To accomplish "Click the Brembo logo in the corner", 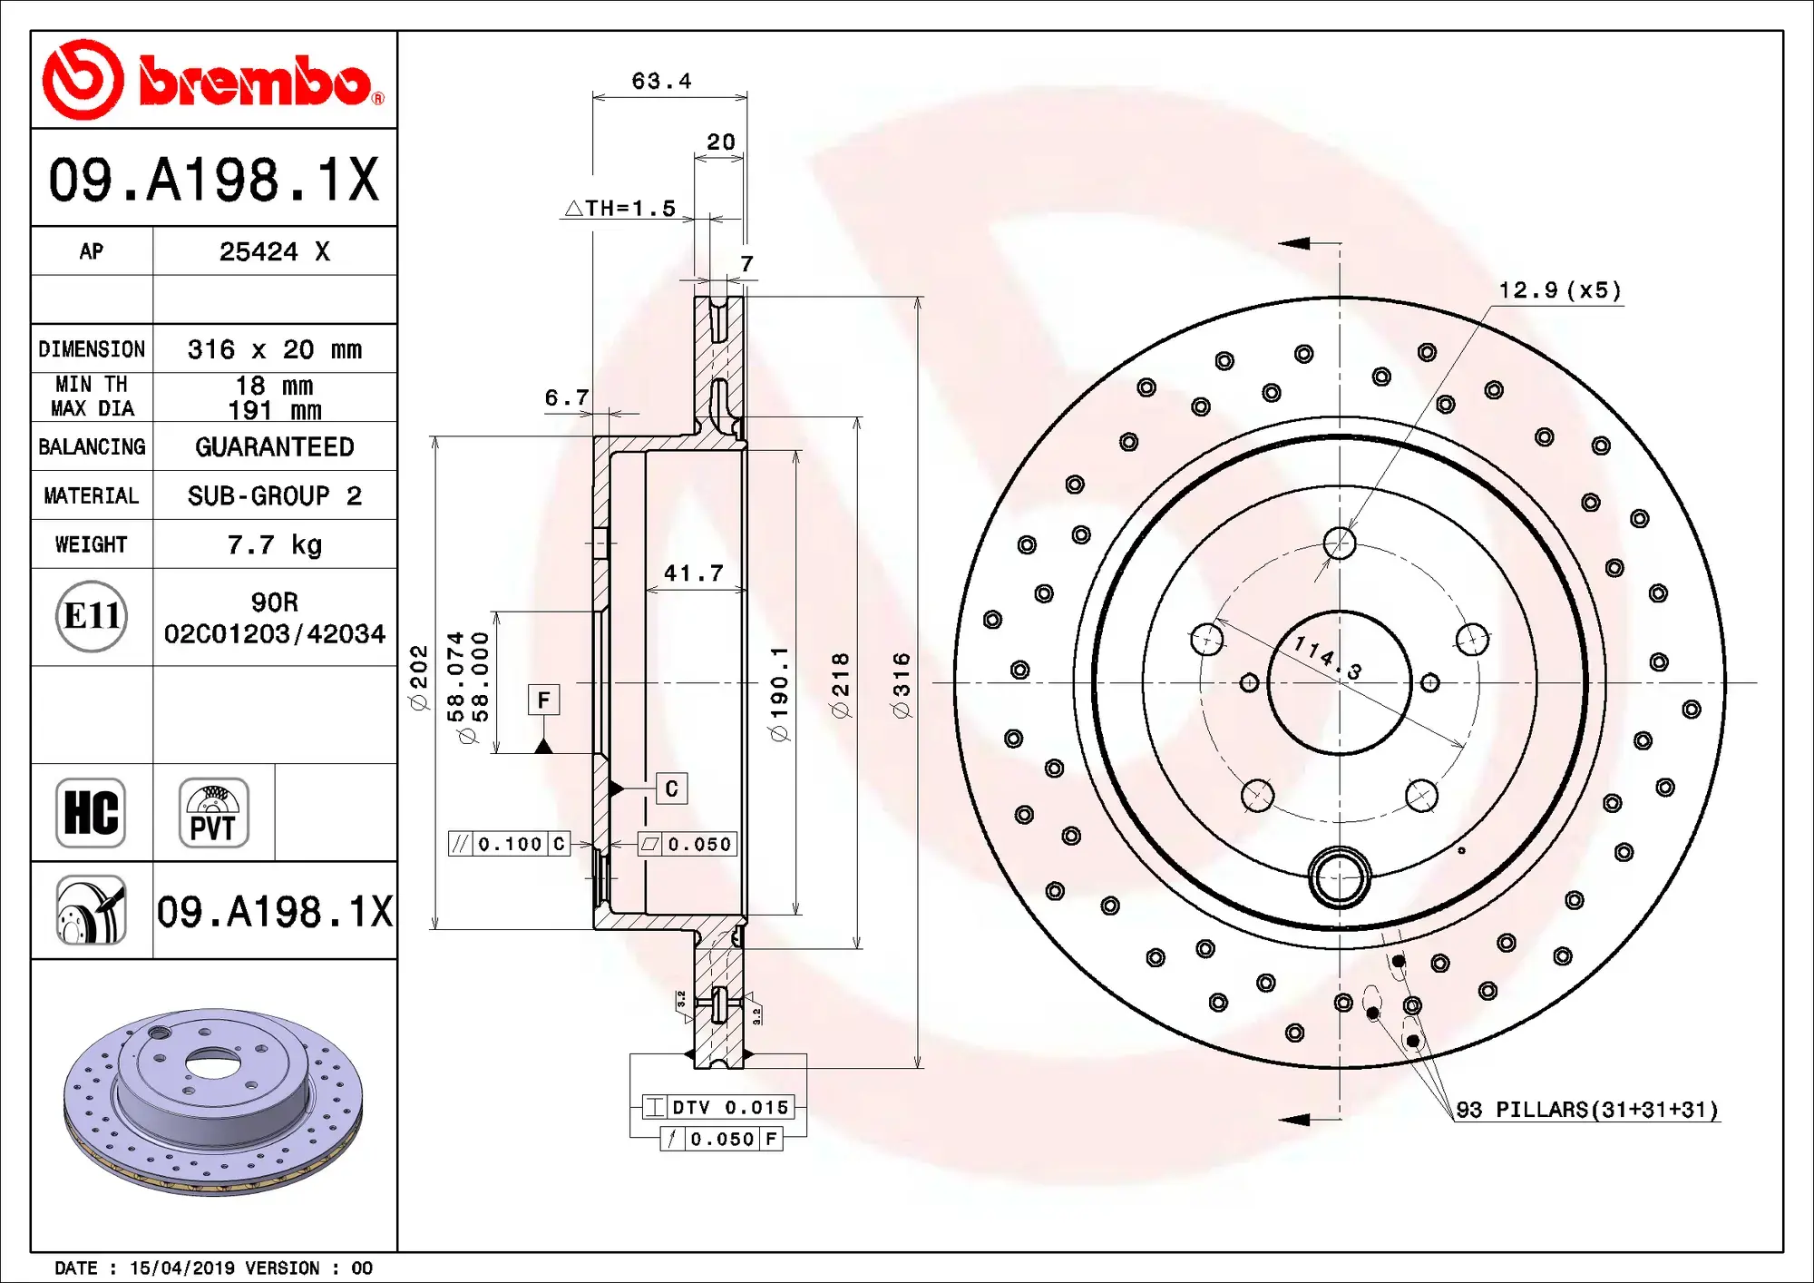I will [213, 80].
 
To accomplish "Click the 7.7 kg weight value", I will [274, 544].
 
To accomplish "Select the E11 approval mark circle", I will [92, 616].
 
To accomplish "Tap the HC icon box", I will [91, 812].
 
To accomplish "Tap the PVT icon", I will [213, 812].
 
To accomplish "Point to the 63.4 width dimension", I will [661, 82].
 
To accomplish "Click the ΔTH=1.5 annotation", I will [621, 209].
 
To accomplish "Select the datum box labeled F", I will [543, 700].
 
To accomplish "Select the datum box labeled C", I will [671, 788].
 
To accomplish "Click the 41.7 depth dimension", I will [693, 573].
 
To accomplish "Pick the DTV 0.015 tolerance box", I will [718, 1107].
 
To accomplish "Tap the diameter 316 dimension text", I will [901, 685].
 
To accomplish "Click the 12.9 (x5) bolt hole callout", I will [1559, 290].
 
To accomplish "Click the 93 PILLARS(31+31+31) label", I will [1586, 1110].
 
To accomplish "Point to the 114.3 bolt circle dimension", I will [1327, 657].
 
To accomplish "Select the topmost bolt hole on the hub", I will [1340, 544].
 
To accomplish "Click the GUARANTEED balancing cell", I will [274, 446].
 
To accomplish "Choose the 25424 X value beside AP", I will [274, 251].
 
